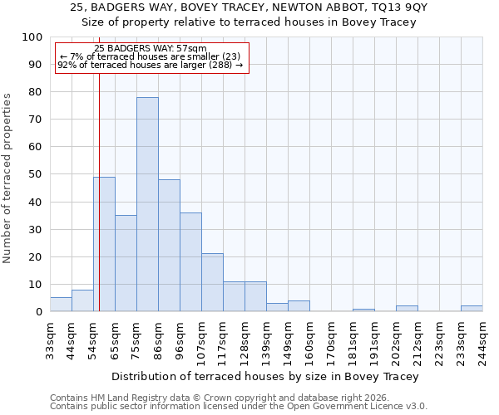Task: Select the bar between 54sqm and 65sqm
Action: (104, 244)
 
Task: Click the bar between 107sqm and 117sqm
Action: (212, 282)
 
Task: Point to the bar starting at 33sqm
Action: (61, 305)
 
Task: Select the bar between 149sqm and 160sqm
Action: (299, 306)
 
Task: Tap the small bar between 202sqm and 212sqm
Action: (407, 309)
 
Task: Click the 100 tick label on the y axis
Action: (32, 37)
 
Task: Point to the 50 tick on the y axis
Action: (36, 174)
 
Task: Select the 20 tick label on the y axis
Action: (36, 256)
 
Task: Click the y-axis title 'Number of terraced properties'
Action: (7, 178)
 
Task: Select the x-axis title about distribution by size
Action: (264, 376)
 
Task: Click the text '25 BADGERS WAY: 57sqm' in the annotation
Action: (151, 49)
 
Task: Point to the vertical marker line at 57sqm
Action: (99, 207)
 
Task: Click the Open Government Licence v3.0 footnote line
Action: (238, 406)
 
